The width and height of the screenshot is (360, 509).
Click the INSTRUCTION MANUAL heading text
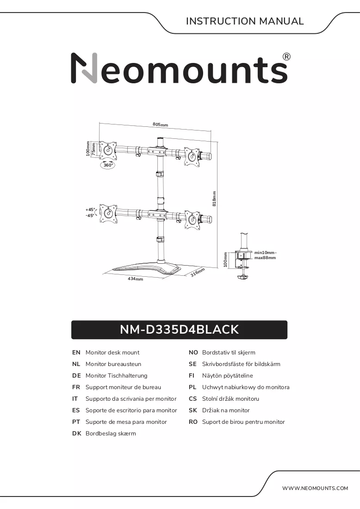tap(245, 21)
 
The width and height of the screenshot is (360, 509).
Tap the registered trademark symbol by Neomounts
tap(286, 57)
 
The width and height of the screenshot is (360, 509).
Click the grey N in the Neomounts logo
tap(84, 68)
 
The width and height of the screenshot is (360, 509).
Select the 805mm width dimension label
tap(161, 124)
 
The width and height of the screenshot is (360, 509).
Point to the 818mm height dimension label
tap(214, 199)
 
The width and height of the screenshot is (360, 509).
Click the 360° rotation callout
tap(108, 165)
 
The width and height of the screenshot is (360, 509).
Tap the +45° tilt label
tap(90, 210)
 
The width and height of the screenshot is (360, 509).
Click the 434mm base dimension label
tap(136, 279)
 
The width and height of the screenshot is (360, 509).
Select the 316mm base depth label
tap(198, 272)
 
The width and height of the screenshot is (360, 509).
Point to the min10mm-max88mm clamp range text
tap(265, 255)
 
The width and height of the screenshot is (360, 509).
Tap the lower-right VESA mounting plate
tap(193, 219)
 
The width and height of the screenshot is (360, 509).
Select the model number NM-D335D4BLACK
tap(179, 329)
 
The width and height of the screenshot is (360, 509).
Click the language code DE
tap(76, 376)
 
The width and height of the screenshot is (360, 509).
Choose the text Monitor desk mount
tap(112, 353)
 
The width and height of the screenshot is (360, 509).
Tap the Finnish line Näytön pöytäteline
tap(227, 376)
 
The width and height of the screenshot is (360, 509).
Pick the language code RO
tap(193, 422)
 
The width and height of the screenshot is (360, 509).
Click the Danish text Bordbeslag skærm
tap(111, 434)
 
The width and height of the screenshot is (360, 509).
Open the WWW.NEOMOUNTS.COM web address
tap(315, 488)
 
